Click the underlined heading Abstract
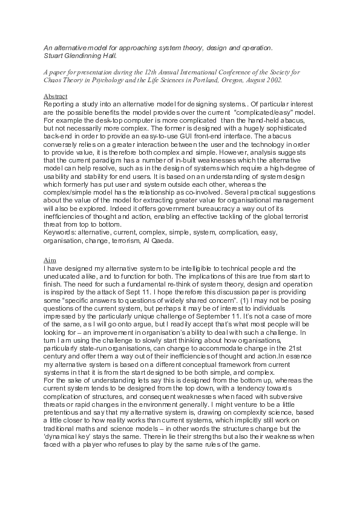click(x=56, y=96)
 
